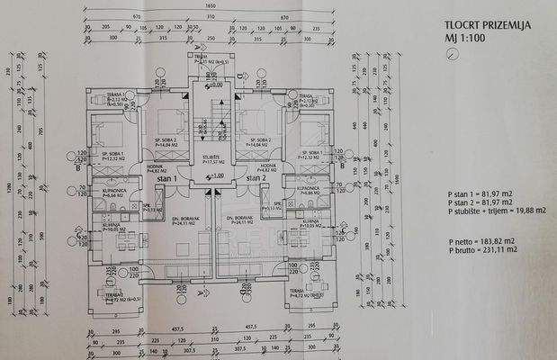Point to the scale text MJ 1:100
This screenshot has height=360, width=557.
[x=464, y=39]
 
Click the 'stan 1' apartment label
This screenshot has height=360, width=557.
[x=167, y=178]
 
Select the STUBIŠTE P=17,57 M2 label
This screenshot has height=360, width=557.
[x=212, y=160]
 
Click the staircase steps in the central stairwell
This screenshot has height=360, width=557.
[x=212, y=117]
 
